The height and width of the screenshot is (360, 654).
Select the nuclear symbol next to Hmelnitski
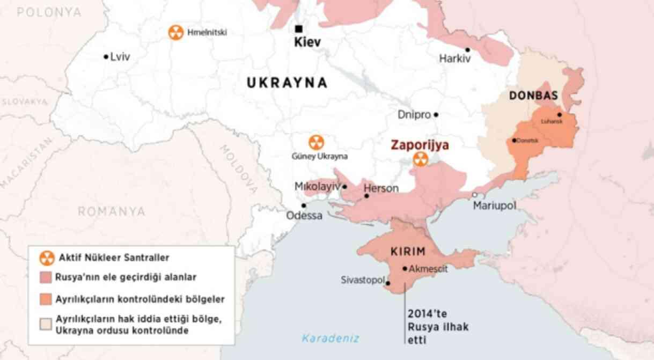coord(175,33)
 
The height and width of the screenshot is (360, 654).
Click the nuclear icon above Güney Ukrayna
coord(316,143)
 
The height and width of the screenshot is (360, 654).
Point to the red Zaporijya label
coord(420,145)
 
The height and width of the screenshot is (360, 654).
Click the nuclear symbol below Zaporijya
coord(421,159)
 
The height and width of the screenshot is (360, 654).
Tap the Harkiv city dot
coord(468,50)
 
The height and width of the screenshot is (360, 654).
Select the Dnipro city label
coord(414,114)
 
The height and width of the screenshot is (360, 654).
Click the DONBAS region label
coord(533,95)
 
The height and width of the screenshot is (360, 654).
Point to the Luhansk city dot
coord(560,114)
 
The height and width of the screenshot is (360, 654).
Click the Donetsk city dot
coord(514,141)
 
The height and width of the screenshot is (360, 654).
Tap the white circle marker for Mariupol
coord(475,195)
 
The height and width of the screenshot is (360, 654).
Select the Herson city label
coord(381,188)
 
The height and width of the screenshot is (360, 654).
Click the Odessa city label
coord(304,216)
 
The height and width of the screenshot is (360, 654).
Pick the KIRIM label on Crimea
coord(408,251)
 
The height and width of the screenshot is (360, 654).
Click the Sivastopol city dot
coord(388,284)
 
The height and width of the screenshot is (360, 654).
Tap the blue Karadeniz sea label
coord(330,338)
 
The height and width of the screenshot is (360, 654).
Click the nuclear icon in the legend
coord(47,258)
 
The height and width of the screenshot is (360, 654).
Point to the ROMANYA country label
coord(112,211)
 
